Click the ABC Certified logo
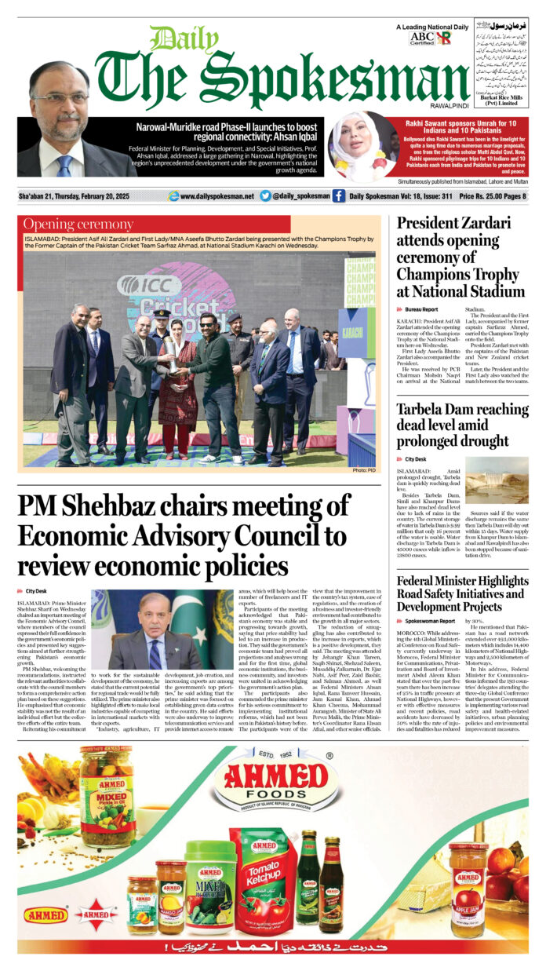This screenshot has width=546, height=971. pos(421,37)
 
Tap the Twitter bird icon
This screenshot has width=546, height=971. pos(265,196)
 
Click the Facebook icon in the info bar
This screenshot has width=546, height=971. pos(339,196)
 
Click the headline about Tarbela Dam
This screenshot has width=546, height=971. pos(453,425)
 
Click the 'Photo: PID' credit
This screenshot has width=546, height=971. pos(364,470)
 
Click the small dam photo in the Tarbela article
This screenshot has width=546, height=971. pos(497,478)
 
